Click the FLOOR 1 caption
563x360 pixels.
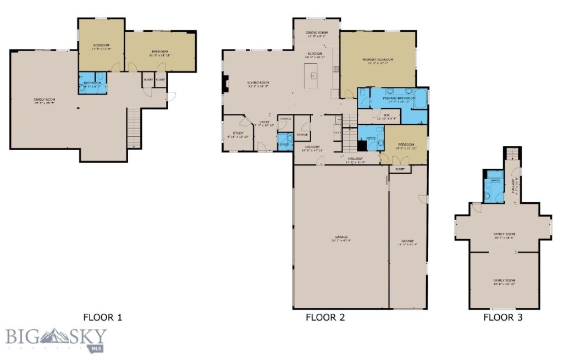point(102,317)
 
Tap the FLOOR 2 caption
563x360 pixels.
point(325,317)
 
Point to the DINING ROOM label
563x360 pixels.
point(316,33)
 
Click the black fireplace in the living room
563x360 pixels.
point(224,85)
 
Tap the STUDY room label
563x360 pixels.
point(238,133)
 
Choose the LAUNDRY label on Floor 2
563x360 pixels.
point(313,147)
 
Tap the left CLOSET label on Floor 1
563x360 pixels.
point(148,79)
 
